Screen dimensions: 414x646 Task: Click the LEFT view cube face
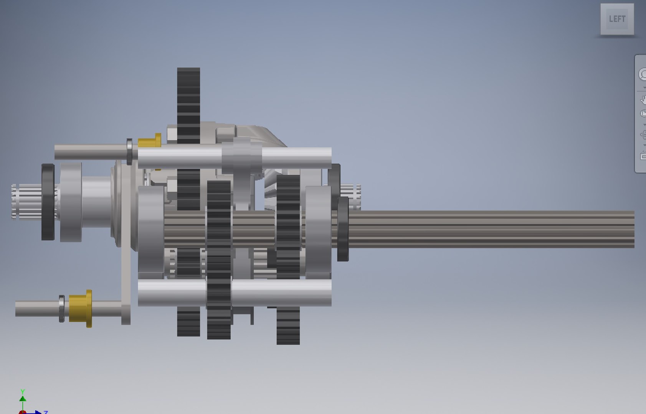617,19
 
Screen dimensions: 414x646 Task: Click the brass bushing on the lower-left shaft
81,309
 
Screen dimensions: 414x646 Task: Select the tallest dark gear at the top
188,100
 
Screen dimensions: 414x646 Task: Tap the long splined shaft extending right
491,229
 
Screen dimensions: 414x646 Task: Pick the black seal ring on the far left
48,202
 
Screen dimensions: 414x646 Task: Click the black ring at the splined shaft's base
343,229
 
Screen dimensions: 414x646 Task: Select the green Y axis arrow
23,396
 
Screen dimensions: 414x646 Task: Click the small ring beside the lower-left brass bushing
61,309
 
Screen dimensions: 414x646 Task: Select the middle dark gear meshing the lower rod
219,261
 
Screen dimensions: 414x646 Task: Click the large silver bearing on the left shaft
71,202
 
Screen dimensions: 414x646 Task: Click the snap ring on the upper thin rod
129,152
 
